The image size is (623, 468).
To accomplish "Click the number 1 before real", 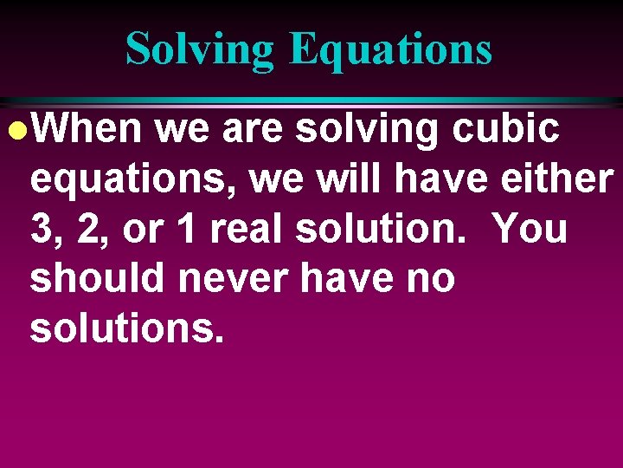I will click(x=183, y=230).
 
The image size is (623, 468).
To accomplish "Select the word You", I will click(x=530, y=230).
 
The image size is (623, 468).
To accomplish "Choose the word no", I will click(x=430, y=279).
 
